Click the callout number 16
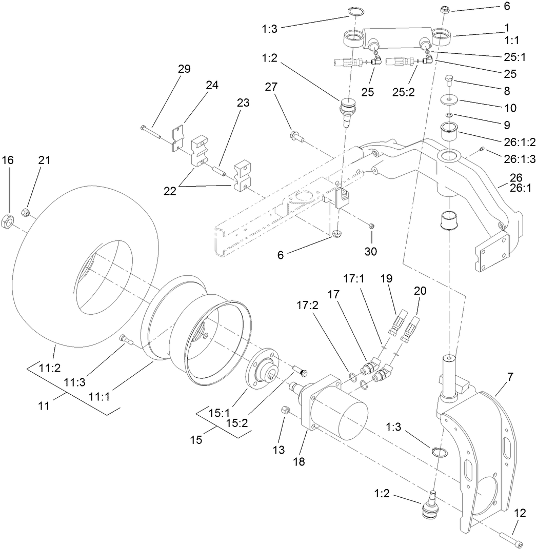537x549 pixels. pyautogui.click(x=7, y=160)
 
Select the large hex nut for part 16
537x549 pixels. pyautogui.click(x=9, y=221)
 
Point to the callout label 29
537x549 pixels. pyautogui.click(x=184, y=69)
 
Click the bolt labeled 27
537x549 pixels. pyautogui.click(x=296, y=136)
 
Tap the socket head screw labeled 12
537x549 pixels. pyautogui.click(x=512, y=539)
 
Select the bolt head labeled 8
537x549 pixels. pyautogui.click(x=449, y=79)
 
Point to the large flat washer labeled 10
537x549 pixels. pyautogui.click(x=449, y=99)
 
